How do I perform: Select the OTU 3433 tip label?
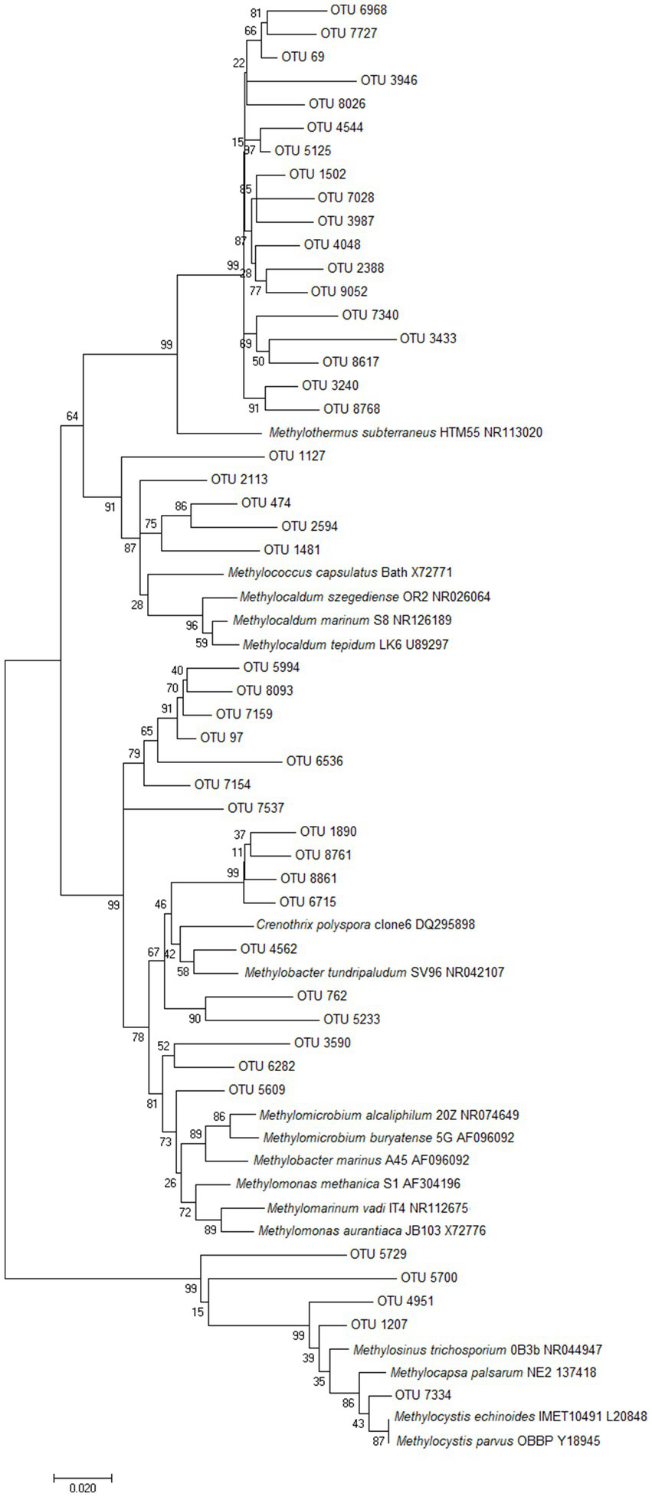[428, 338]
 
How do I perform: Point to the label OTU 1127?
[297, 456]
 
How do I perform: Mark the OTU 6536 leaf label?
[314, 762]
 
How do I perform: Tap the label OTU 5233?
[352, 1019]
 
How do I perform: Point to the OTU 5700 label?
[429, 1278]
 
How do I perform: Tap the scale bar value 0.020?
[83, 1488]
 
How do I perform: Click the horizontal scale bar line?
[83, 1475]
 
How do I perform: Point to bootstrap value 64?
[72, 417]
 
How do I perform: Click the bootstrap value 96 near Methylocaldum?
[192, 625]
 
